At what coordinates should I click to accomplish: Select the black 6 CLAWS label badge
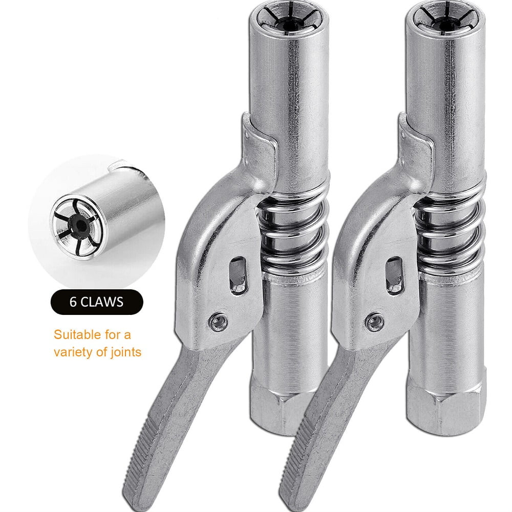click(96, 301)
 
